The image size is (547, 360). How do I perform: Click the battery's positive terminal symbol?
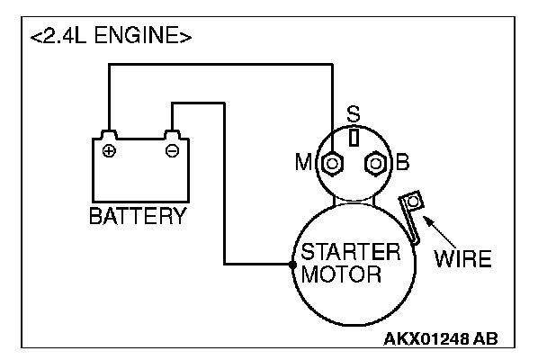pyautogui.click(x=109, y=151)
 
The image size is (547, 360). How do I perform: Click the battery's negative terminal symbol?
pyautogui.click(x=173, y=151)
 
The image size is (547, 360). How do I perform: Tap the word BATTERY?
pyautogui.click(x=139, y=216)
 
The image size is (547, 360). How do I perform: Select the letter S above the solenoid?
pyautogui.click(x=354, y=113)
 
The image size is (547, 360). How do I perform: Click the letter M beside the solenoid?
pyautogui.click(x=303, y=162)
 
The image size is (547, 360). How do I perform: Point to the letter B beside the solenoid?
pyautogui.click(x=402, y=162)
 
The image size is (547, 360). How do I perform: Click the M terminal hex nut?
pyautogui.click(x=332, y=163)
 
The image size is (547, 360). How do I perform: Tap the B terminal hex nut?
pyautogui.click(x=375, y=163)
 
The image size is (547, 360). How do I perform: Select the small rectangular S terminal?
pyautogui.click(x=354, y=138)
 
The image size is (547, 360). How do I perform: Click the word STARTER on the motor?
pyautogui.click(x=351, y=252)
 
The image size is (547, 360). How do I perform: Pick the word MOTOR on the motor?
pyautogui.click(x=341, y=274)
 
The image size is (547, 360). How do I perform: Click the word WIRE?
pyautogui.click(x=462, y=258)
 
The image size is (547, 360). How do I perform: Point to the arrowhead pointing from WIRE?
pyautogui.click(x=426, y=220)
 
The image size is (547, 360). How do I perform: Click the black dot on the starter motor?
pyautogui.click(x=292, y=265)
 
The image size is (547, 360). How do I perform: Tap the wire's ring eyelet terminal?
pyautogui.click(x=413, y=202)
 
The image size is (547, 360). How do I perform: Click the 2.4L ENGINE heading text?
pyautogui.click(x=111, y=36)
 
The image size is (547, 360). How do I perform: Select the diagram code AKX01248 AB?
pyautogui.click(x=441, y=338)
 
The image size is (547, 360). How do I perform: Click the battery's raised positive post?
pyautogui.click(x=109, y=135)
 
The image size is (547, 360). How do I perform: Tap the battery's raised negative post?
pyautogui.click(x=173, y=135)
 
